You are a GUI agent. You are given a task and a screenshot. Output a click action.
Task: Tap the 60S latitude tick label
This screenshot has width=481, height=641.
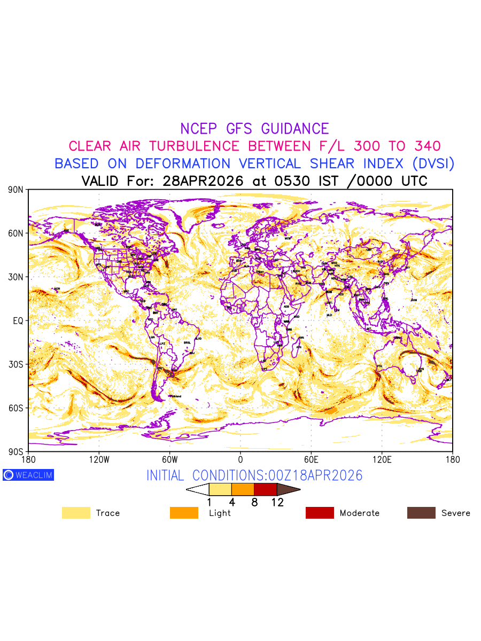pyautogui.click(x=17, y=408)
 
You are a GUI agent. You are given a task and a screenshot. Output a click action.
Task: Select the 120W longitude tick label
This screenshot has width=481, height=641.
pyautogui.click(x=99, y=459)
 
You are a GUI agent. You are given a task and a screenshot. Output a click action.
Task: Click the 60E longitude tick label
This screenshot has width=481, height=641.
pyautogui.click(x=311, y=459)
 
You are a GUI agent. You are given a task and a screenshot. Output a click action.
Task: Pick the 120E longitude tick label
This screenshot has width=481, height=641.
pyautogui.click(x=382, y=459)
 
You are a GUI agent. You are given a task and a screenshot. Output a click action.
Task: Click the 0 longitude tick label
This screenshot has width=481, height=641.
pyautogui.click(x=241, y=459)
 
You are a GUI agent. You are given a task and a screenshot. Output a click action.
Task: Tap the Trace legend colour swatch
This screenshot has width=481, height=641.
pyautogui.click(x=76, y=513)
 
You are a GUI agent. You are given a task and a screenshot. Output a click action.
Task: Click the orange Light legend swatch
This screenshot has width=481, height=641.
pyautogui.click(x=184, y=513)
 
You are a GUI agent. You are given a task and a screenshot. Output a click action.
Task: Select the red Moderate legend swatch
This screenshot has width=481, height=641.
pyautogui.click(x=320, y=513)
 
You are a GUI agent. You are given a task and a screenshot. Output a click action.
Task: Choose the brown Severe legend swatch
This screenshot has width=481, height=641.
pyautogui.click(x=421, y=513)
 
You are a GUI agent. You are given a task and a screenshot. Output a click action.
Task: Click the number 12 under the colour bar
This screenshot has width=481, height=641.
pyautogui.click(x=277, y=502)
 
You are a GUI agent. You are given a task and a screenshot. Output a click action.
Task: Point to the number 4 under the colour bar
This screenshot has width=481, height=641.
pyautogui.click(x=232, y=502)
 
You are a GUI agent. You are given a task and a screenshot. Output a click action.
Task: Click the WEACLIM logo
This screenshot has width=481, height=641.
pyautogui.click(x=28, y=475)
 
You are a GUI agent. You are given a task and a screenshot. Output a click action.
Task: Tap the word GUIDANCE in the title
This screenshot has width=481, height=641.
pyautogui.click(x=295, y=129)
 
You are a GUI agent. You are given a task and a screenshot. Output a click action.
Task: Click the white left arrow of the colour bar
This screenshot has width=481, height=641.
pyautogui.click(x=198, y=489)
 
